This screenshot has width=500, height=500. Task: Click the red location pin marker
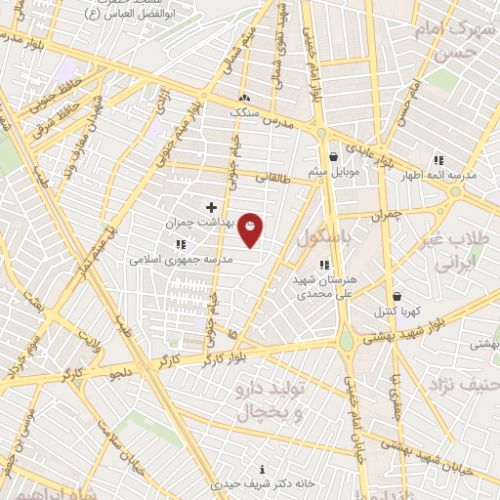coord(251,230)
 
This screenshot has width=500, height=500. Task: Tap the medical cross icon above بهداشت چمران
coord(212,207)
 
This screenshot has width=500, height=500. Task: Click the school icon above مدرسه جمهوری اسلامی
coord(180,244)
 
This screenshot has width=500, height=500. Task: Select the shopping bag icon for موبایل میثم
coord(334,156)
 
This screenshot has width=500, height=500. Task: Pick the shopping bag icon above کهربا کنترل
coord(396,296)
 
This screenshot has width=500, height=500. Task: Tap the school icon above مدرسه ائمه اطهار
coord(438,160)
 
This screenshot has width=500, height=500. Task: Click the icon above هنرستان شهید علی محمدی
coord(324,264)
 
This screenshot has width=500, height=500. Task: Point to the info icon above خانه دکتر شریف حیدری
coord(261,470)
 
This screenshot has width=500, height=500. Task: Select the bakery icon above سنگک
coord(244,98)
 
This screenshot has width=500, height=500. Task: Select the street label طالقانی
coord(274,179)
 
